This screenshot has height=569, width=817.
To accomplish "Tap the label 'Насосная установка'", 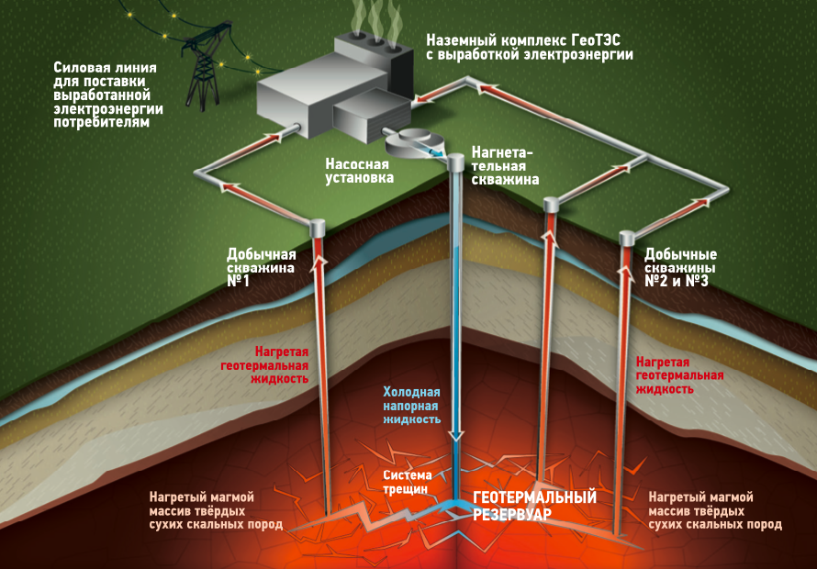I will pos(358,171).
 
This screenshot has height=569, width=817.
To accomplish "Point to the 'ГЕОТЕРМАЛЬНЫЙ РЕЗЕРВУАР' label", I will pos(534,505).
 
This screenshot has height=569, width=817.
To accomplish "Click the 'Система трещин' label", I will pos(406,482).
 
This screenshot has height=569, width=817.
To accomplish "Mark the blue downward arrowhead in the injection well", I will pos(456,437).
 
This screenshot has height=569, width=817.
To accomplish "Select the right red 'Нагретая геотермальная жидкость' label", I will pos(679,376).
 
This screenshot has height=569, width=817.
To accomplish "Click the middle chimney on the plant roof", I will pos(375,42).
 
